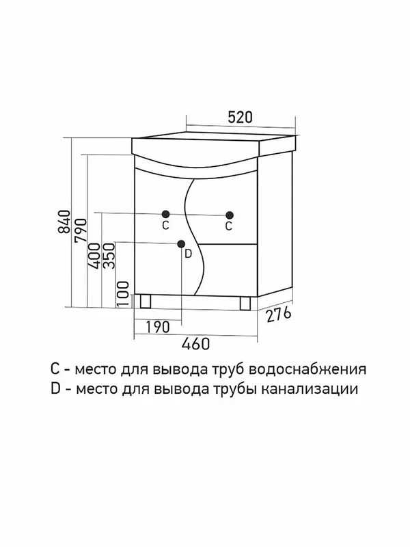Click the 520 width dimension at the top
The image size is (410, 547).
coord(240,117)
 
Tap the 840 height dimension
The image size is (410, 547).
coord(64,222)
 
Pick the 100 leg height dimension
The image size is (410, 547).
coord(123,294)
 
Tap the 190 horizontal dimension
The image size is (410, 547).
coord(158,327)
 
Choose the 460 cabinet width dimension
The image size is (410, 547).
coord(195,344)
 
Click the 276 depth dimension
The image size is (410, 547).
coord(278,315)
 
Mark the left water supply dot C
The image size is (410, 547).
coord(165,214)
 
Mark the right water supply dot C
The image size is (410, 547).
coord(229,215)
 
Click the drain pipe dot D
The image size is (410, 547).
coord(181,244)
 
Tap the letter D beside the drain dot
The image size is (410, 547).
coord(189,254)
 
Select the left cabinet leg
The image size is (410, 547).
coord(146,302)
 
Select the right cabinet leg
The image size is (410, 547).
coord(245,303)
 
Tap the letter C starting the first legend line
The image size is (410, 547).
coord(55,369)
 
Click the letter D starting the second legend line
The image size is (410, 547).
coord(55,388)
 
